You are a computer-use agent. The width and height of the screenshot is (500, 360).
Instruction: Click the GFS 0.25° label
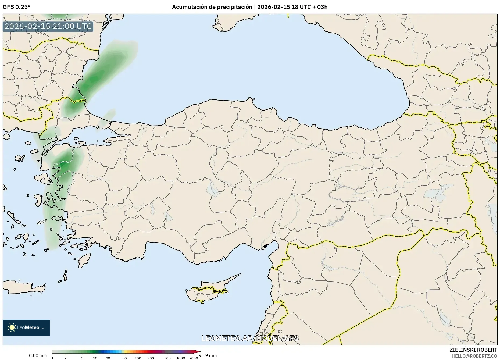coord(16,7)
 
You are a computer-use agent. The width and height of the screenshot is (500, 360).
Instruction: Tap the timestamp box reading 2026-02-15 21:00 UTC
coord(48,26)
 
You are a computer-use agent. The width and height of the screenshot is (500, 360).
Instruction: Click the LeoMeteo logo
coord(26,327)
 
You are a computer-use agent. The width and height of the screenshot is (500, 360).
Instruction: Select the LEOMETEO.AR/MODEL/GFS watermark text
coord(250,338)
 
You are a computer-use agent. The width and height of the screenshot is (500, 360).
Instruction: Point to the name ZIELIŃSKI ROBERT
coord(473,350)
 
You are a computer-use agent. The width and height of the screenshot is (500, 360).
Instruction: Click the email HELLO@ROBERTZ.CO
coord(474,356)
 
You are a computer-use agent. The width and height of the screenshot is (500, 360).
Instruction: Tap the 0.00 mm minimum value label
coord(38,355)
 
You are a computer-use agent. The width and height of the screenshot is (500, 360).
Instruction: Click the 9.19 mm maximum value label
coord(208,355)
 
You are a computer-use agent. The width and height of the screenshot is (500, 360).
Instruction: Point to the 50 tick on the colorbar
coord(125,358)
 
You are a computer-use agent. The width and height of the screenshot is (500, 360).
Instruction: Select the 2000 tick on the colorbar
coord(194,358)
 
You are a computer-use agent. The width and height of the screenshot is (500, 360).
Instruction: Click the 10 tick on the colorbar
coord(95,358)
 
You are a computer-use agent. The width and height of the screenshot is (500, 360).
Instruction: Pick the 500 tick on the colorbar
coord(167,358)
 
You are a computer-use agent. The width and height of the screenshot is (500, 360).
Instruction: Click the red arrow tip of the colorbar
coord(199,352)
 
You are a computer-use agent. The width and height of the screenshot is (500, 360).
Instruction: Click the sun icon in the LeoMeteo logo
coord(12,327)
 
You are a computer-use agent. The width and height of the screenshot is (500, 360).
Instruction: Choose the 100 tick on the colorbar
coord(138,358)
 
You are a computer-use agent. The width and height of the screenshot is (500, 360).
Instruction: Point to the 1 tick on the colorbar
coord(52,358)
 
